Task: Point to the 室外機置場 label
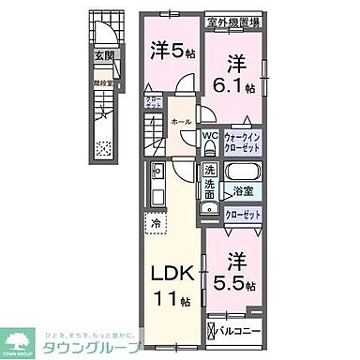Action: (233, 19)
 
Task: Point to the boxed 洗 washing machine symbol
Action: (211, 171)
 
